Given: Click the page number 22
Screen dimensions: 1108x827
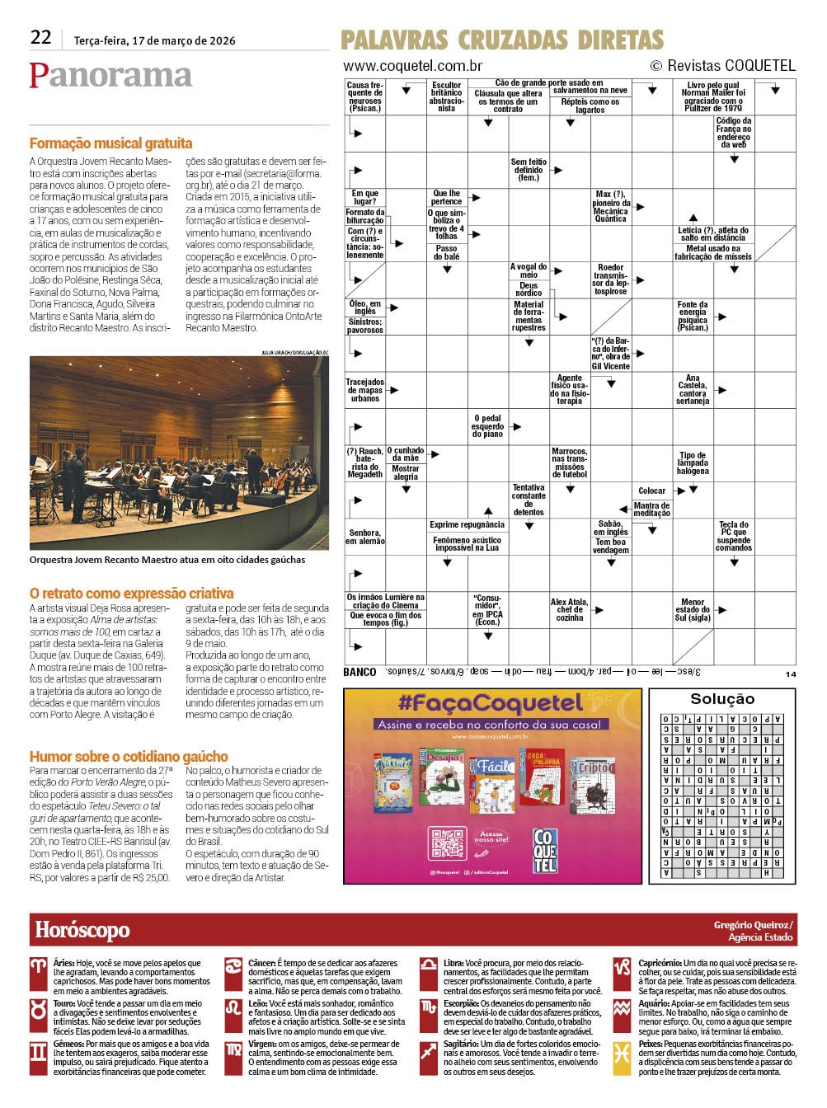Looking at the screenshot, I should (x=40, y=37).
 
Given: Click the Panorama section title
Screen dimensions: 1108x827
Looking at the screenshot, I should (x=110, y=76).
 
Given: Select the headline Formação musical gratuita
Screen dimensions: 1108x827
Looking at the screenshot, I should (x=110, y=143).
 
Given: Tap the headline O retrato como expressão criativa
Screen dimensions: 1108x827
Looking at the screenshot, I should (x=131, y=594).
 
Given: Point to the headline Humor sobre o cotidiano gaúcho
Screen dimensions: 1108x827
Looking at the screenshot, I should (x=129, y=757).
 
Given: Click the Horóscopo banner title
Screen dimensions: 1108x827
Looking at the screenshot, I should (x=82, y=931).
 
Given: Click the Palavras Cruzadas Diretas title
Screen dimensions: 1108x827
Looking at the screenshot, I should (x=501, y=40).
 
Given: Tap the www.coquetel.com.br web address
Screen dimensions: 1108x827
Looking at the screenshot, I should (x=412, y=66).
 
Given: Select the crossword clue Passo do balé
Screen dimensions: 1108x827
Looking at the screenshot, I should (x=446, y=252).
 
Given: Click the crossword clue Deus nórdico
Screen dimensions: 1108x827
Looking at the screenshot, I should (x=529, y=289).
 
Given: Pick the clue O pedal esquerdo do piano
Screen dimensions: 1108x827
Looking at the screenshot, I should (x=487, y=426).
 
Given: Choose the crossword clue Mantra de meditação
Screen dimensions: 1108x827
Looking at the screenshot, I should (x=651, y=509).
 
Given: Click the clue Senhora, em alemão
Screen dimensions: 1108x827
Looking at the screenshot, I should (x=364, y=537).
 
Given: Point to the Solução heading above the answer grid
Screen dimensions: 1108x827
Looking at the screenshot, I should (x=721, y=699).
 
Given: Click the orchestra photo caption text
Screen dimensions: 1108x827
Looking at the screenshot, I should (x=167, y=560).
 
